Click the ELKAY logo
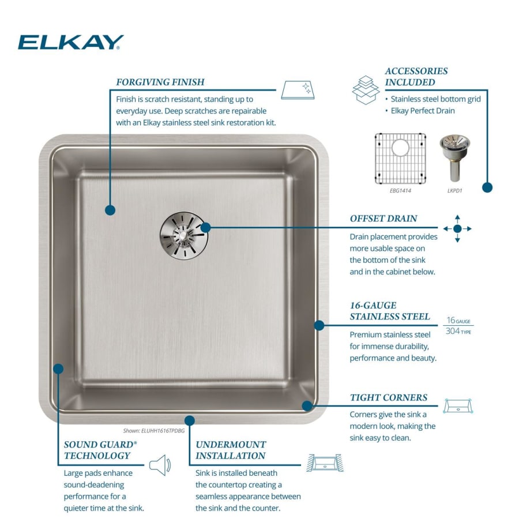tap(71, 42)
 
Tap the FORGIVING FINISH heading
tap(160, 82)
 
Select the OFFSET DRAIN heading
tap(383, 219)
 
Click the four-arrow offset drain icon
tap(457, 229)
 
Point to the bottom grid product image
tap(400, 157)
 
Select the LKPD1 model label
tap(455, 190)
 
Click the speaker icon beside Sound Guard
tap(160, 465)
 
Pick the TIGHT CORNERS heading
tap(389, 397)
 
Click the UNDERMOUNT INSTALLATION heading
tap(231, 450)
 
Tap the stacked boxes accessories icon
tap(366, 89)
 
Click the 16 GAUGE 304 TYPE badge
tap(458, 326)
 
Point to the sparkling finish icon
tap(298, 90)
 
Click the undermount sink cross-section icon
tap(325, 463)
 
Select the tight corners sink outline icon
tap(458, 406)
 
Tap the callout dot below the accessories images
tap(487, 187)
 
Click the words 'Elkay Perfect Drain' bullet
tap(423, 111)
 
